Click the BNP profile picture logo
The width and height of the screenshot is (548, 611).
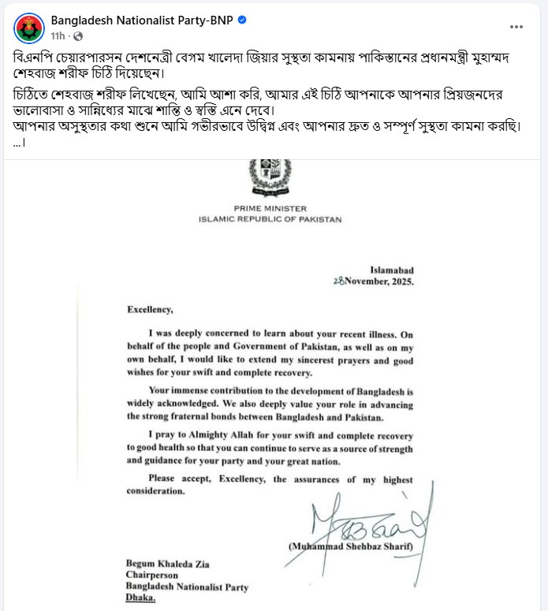(29, 28)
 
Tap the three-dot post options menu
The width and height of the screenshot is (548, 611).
(516, 26)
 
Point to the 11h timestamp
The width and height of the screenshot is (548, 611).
(58, 36)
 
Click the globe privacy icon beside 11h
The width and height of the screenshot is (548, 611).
(77, 36)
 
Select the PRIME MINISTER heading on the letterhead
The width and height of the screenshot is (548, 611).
(270, 209)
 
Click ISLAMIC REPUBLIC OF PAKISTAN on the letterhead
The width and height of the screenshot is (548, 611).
(270, 219)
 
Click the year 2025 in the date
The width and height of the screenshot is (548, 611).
(397, 281)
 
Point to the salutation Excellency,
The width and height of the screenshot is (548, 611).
(149, 311)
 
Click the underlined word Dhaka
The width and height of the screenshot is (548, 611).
(141, 598)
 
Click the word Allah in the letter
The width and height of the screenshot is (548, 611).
(237, 435)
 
